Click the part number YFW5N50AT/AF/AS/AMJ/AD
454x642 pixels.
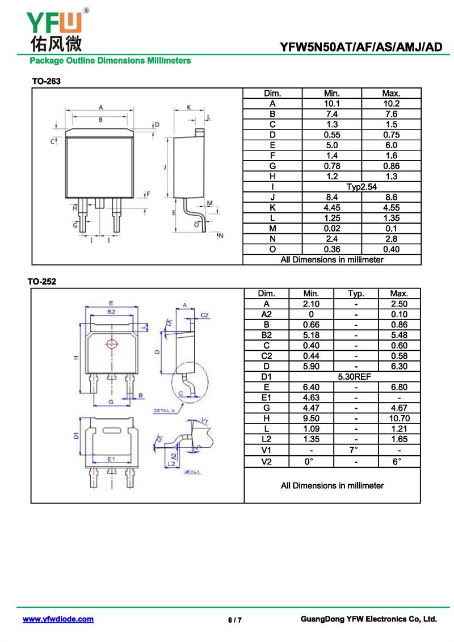[x=361, y=47]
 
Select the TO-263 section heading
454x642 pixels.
[x=47, y=81]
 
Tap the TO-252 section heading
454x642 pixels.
[x=42, y=282]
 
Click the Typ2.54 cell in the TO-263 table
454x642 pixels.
[x=361, y=187]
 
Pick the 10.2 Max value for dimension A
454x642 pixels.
[x=392, y=103]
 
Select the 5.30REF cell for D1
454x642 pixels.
[x=355, y=377]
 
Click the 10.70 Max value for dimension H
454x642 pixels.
[x=399, y=418]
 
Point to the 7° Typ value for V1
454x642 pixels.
[x=354, y=450]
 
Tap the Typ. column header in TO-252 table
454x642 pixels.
[x=356, y=293]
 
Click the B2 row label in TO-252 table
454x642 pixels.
[x=267, y=335]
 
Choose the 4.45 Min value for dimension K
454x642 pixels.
[x=332, y=208]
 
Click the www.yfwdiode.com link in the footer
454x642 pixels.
[x=58, y=619]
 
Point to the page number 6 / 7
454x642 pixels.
[x=235, y=620]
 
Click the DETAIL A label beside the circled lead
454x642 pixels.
[x=164, y=410]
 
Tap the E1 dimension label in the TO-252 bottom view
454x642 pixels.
[x=111, y=459]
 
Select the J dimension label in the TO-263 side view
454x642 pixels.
[x=165, y=167]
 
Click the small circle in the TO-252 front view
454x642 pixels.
[x=111, y=343]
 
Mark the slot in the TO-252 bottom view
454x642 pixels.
[x=112, y=430]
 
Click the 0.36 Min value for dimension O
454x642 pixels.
[x=332, y=249]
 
